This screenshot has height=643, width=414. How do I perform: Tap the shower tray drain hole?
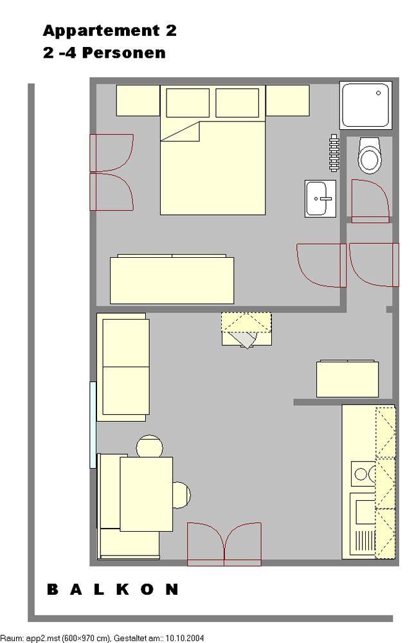pyautogui.click(x=379, y=93)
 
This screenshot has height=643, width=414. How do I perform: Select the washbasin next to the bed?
pyautogui.click(x=320, y=199)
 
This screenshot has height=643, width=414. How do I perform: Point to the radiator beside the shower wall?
pyautogui.click(x=334, y=152)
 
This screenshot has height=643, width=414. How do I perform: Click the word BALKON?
pyautogui.click(x=113, y=590)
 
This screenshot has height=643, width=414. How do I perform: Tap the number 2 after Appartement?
pyautogui.click(x=171, y=30)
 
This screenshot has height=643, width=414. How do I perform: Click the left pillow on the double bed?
pyautogui.click(x=188, y=103)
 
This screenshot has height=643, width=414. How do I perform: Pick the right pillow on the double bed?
pyautogui.click(x=237, y=103)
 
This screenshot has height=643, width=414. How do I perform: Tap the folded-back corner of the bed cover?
pyautogui.click(x=181, y=131)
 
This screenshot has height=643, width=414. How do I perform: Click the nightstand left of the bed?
pyautogui.click(x=138, y=100)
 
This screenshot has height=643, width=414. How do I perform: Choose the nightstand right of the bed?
pyautogui.click(x=287, y=100)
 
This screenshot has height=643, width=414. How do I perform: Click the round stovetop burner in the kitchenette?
pyautogui.click(x=361, y=475)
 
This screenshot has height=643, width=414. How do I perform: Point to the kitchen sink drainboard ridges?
pyautogui.click(x=364, y=541)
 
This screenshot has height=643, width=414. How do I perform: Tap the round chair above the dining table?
pyautogui.click(x=150, y=446)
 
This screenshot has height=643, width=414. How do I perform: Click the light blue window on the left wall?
pyautogui.click(x=93, y=425)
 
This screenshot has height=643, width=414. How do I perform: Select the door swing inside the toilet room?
pyautogui.click(x=370, y=201)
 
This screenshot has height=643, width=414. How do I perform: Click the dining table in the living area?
pyautogui.click(x=147, y=494)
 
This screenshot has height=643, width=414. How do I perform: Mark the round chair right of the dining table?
pyautogui.click(x=181, y=495)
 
